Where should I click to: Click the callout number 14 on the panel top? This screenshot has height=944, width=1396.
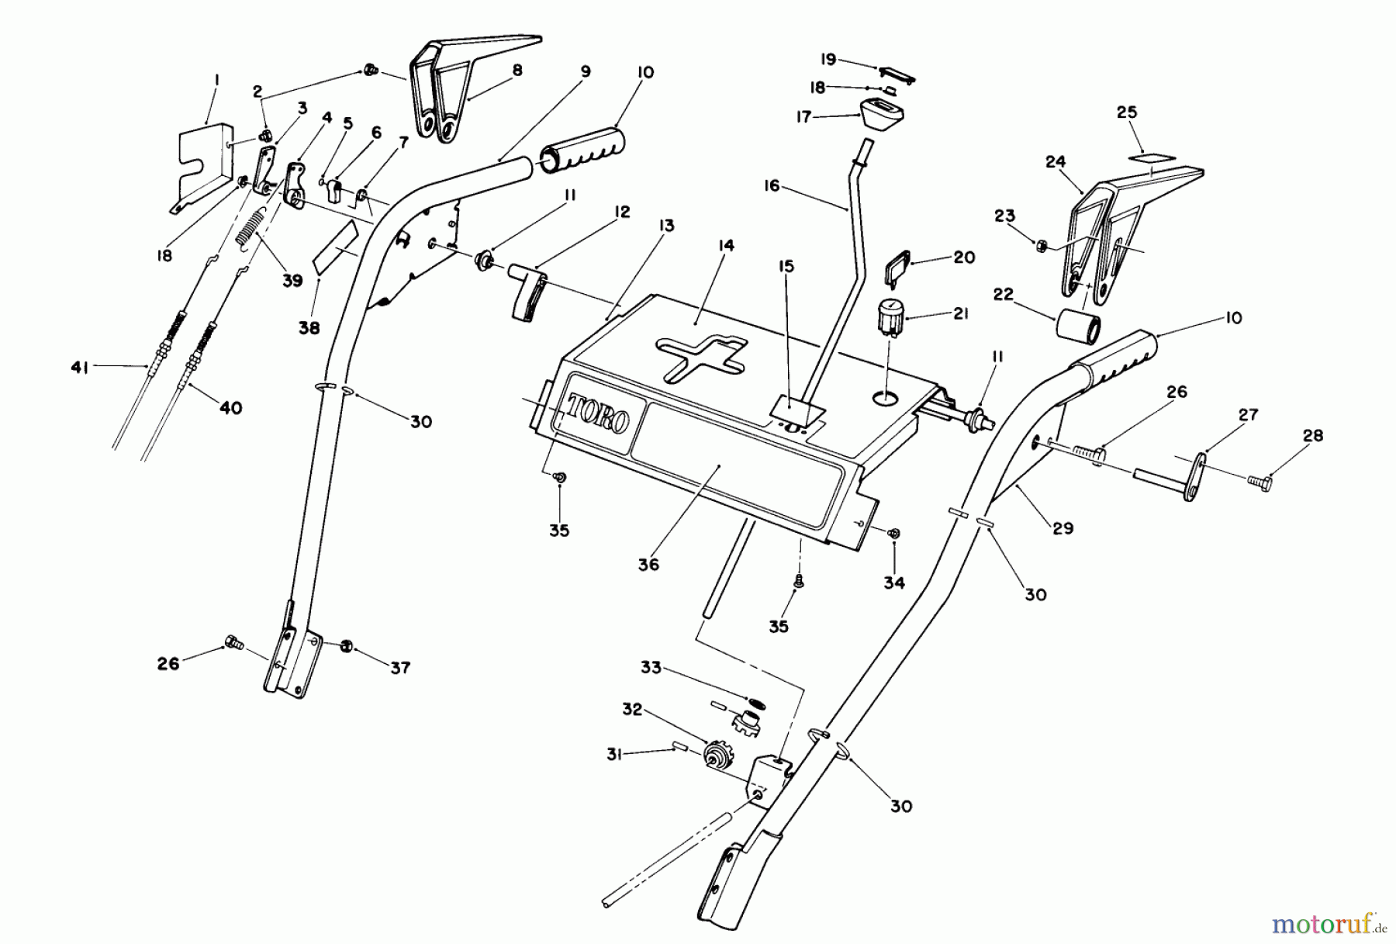pyautogui.click(x=726, y=246)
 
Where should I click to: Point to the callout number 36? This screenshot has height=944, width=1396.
pyautogui.click(x=648, y=565)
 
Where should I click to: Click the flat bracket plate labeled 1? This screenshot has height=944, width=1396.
pyautogui.click(x=200, y=163)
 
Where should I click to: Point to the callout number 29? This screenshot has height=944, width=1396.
pyautogui.click(x=1063, y=528)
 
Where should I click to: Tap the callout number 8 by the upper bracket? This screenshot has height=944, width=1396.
pyautogui.click(x=517, y=70)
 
